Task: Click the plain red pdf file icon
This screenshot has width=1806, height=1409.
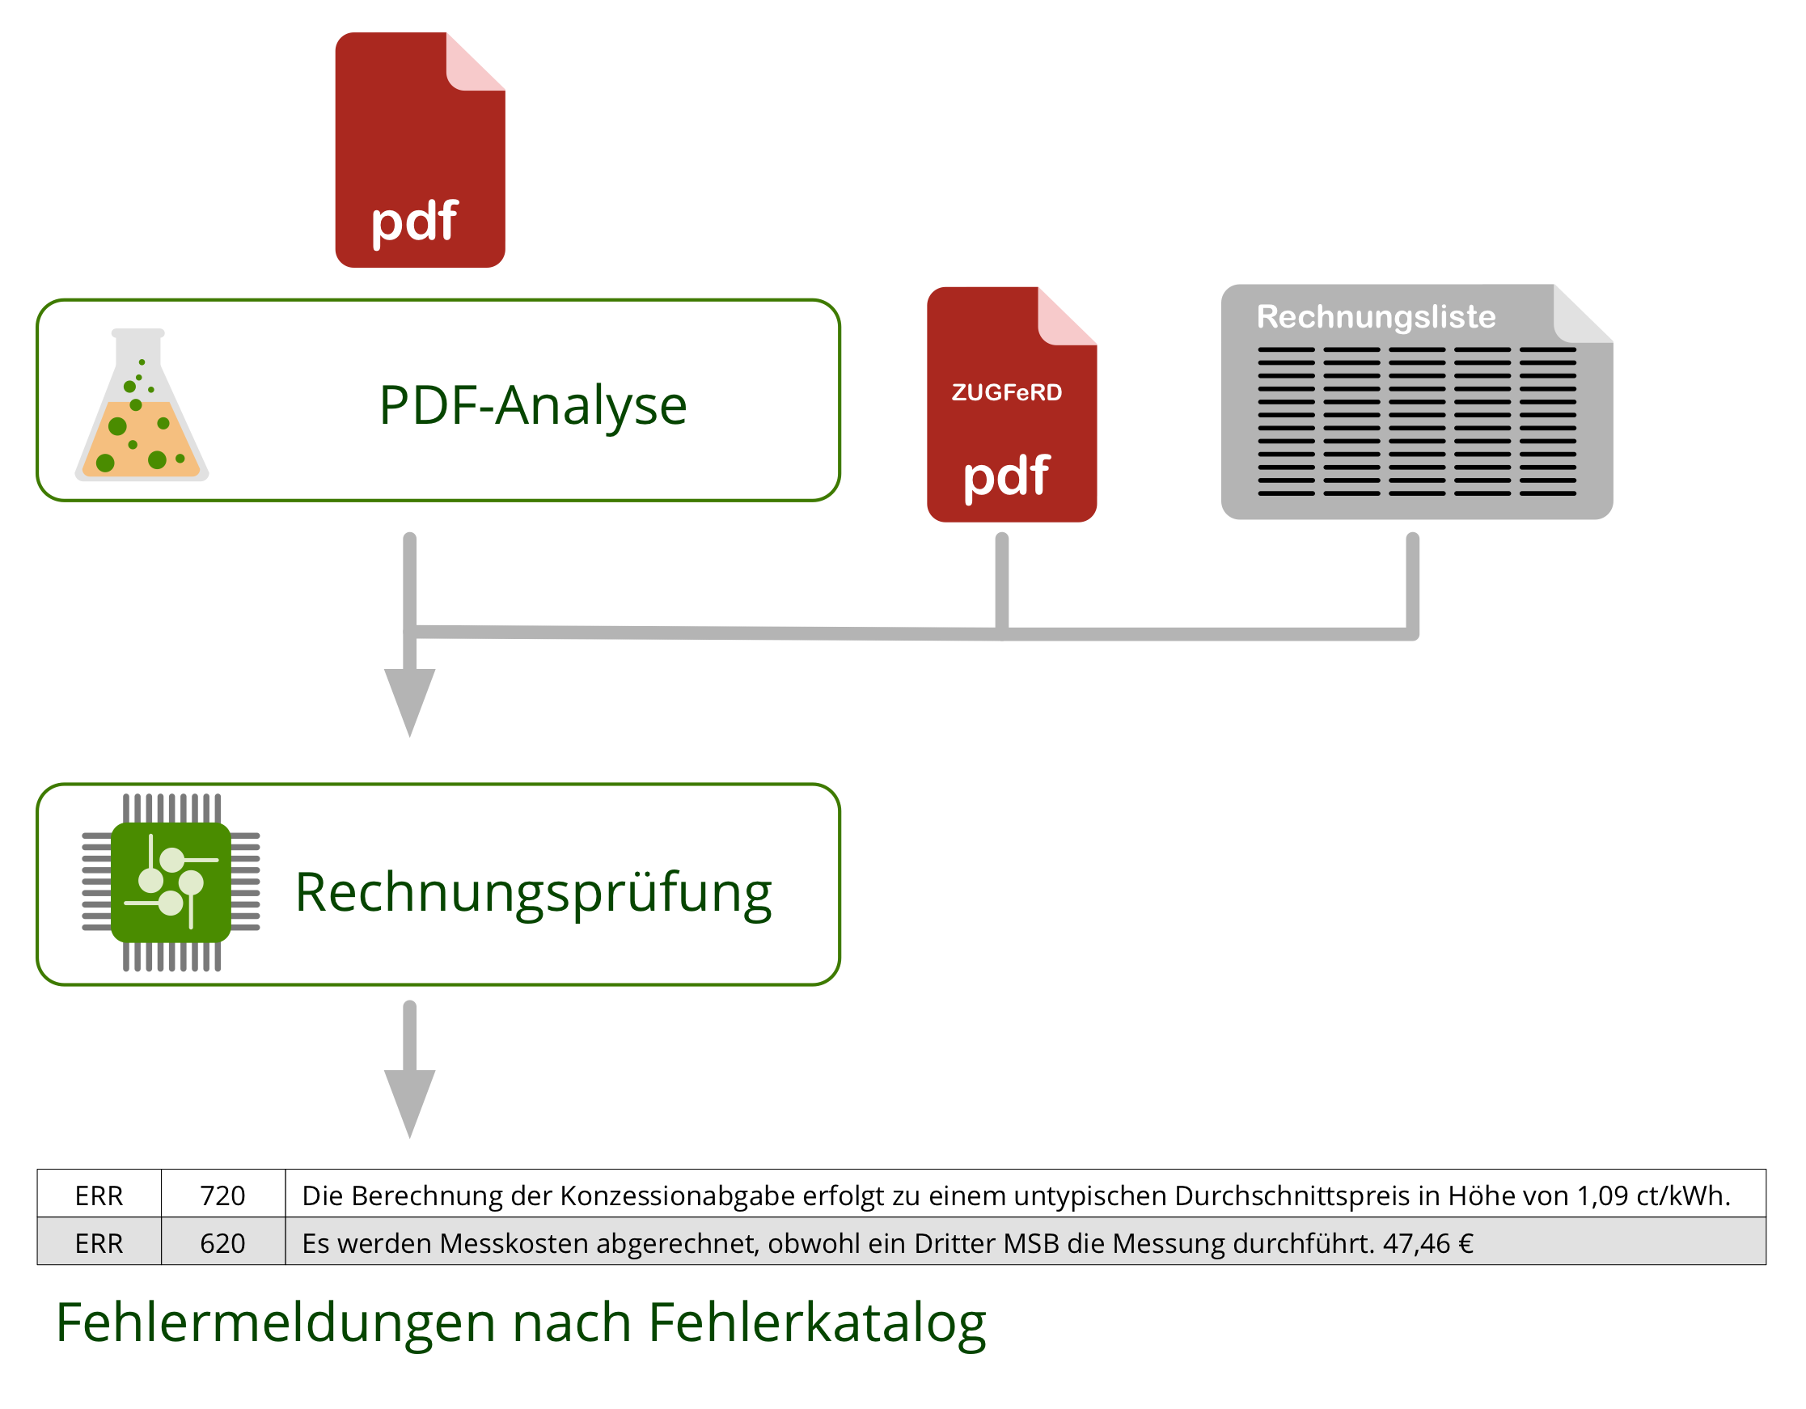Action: (419, 150)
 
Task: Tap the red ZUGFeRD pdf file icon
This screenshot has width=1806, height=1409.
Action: (1011, 404)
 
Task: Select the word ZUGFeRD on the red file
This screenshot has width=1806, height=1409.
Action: (1006, 392)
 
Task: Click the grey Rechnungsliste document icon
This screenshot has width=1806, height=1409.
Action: (1415, 403)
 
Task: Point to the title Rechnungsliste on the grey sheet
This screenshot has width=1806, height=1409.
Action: (1376, 317)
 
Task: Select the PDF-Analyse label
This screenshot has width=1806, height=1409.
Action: (532, 405)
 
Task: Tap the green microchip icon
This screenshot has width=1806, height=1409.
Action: (171, 882)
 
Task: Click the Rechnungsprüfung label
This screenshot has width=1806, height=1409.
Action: (533, 893)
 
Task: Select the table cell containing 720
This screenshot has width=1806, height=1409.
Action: (222, 1195)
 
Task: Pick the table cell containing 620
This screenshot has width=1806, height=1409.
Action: (222, 1243)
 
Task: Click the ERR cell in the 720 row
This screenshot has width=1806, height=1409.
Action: (99, 1195)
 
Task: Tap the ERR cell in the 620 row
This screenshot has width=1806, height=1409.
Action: (99, 1243)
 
